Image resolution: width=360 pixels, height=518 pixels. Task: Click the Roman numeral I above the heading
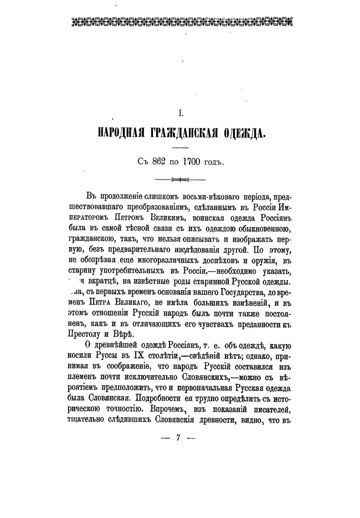coord(180,113)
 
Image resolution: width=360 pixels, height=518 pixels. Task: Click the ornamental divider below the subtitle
coord(180,179)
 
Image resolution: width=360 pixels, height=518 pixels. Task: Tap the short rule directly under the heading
coord(180,148)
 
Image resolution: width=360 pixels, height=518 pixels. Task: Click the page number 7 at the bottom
coord(178,437)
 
